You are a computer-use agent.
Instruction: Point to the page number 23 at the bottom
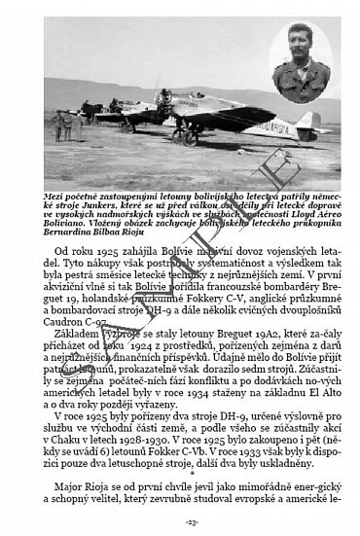pos(180,522)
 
